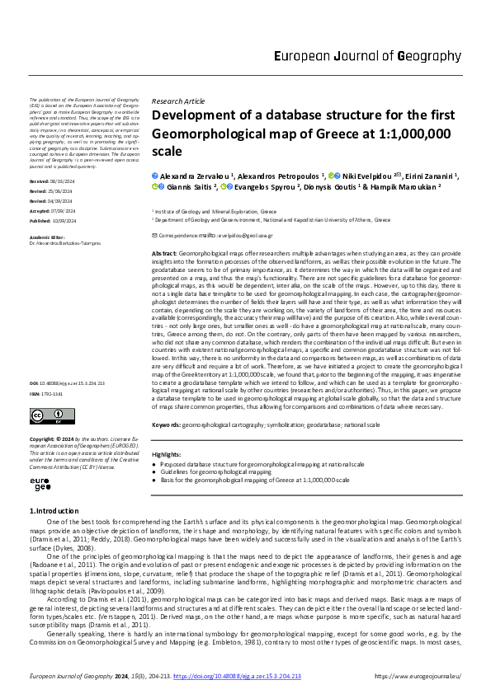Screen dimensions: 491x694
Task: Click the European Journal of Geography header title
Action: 366,57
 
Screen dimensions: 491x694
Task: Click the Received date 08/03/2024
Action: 64,180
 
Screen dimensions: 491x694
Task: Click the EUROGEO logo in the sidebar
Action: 40,485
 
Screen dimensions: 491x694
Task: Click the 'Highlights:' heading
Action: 167,454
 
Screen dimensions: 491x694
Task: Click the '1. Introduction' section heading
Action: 54,512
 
